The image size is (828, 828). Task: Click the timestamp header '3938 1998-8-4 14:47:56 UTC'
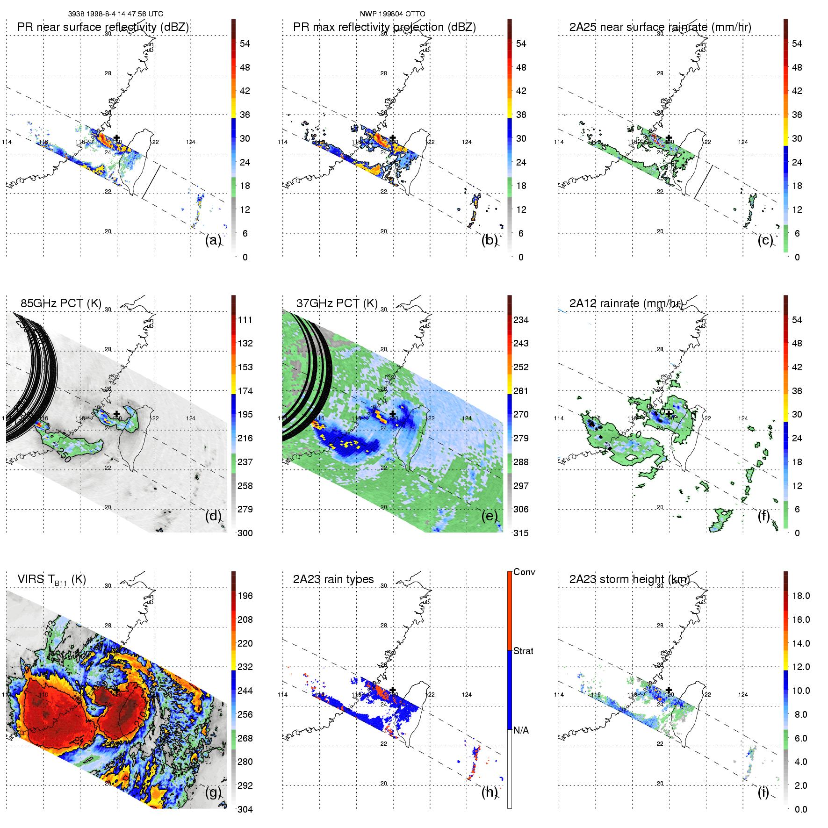click(115, 14)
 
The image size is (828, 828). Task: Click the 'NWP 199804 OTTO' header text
click(392, 14)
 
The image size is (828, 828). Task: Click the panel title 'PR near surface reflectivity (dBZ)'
click(103, 27)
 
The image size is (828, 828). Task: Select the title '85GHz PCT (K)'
click(61, 303)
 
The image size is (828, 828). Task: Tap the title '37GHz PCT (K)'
click(337, 303)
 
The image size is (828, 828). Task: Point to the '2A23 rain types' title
click(333, 579)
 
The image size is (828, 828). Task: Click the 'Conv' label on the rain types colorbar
click(524, 572)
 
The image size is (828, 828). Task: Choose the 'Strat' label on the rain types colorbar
click(523, 651)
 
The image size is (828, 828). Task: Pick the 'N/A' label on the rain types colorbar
click(521, 730)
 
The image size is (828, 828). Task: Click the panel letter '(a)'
click(213, 240)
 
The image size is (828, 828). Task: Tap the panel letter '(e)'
click(490, 516)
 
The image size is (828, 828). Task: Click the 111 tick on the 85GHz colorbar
click(245, 320)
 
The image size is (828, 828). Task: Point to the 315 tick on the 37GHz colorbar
click(521, 533)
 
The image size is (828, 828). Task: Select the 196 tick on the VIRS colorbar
click(245, 596)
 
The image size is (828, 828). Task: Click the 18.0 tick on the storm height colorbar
click(800, 596)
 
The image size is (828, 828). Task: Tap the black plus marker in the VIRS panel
click(116, 690)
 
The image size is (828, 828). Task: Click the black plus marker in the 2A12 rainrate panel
click(669, 413)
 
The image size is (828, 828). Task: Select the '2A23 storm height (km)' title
click(629, 579)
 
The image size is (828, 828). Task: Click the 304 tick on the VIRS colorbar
click(245, 810)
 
